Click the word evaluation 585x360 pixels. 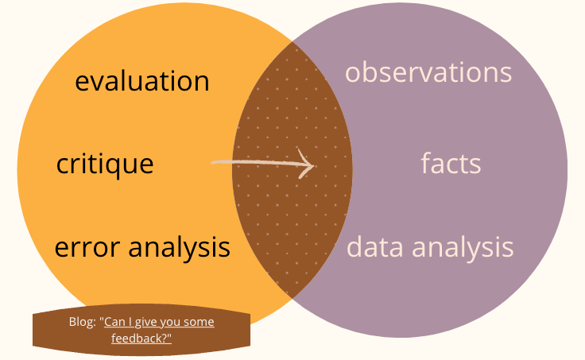tap(142, 81)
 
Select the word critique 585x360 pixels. tap(105, 165)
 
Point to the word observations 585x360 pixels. tap(428, 72)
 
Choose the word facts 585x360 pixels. tap(451, 164)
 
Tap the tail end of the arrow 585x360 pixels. tap(213, 163)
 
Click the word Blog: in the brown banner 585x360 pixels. tap(83, 322)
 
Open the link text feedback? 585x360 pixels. tap(142, 338)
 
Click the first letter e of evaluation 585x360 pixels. tap(82, 82)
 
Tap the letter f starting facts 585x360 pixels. tap(425, 163)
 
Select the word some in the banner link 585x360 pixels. tap(198, 322)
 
